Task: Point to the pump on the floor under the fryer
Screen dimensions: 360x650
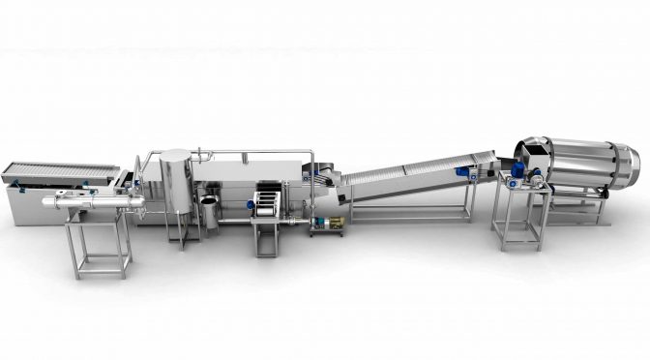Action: [329, 225]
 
